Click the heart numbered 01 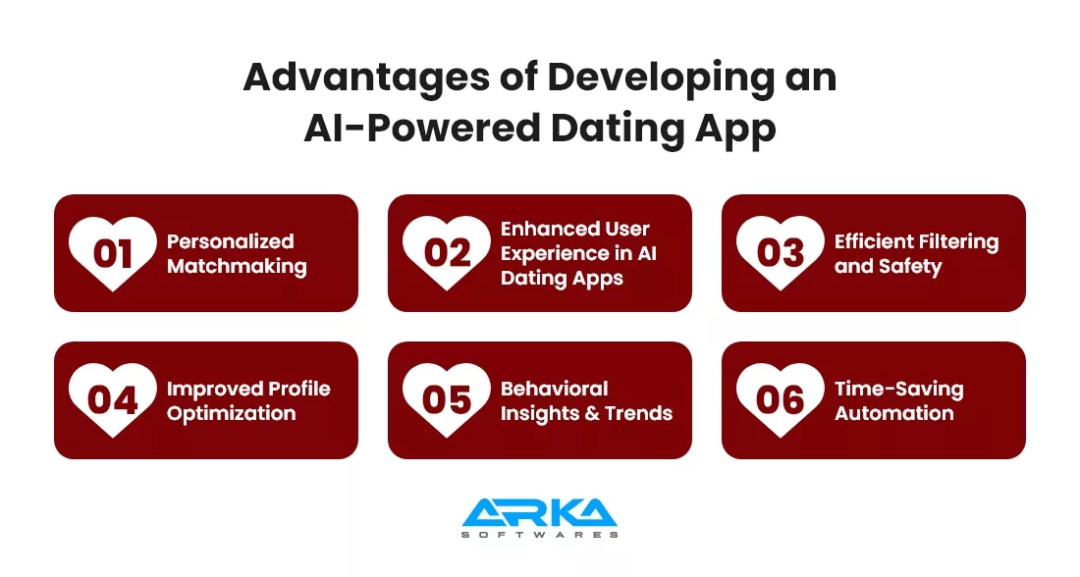[112, 253]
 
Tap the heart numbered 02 [447, 253]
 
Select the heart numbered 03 [781, 253]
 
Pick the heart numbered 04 [112, 400]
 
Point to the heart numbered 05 [447, 400]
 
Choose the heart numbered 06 [781, 400]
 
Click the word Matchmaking [237, 267]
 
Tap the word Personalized [230, 241]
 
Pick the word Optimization [232, 414]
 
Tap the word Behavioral [555, 389]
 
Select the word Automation [894, 413]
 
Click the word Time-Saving [898, 390]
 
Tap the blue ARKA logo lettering [539, 513]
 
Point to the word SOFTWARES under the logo [539, 534]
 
